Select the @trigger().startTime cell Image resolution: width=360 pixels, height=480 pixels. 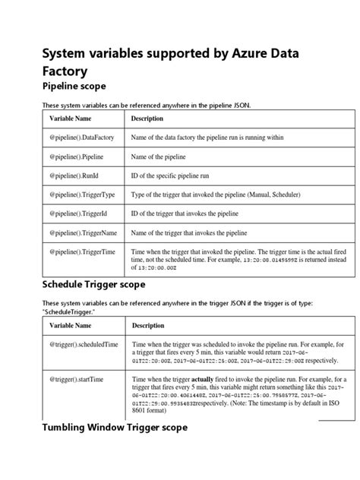(77, 377)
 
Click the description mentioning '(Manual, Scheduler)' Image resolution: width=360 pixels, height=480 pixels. (226, 194)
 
